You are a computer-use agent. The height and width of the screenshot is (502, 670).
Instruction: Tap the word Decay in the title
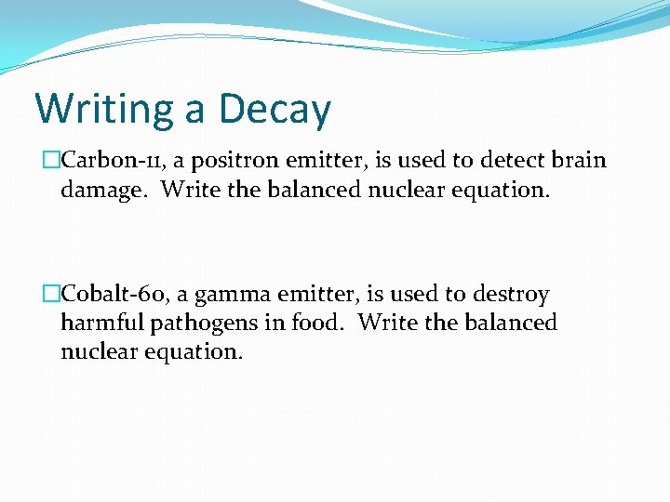274,110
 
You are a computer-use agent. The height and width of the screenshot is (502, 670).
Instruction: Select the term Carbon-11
107,160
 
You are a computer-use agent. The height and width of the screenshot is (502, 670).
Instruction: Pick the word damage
105,190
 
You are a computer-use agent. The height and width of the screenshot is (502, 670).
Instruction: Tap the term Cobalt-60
113,295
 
